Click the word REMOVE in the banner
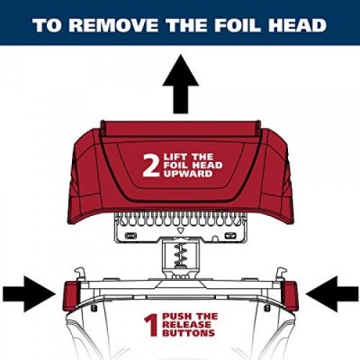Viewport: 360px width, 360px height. point(115,25)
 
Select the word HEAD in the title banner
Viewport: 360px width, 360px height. point(298,25)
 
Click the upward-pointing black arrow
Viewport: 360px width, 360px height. point(181,85)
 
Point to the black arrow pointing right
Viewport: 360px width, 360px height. point(29,294)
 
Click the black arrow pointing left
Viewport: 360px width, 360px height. point(331,294)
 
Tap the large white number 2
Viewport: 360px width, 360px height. point(151,165)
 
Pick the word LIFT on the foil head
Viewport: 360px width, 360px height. point(175,157)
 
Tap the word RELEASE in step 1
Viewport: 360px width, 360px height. point(186,325)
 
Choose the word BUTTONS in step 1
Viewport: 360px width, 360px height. point(189,333)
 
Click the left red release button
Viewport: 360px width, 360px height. point(70,296)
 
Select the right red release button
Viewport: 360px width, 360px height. point(291,296)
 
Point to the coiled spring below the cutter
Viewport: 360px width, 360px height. point(180,256)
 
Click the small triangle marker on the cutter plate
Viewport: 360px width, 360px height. point(180,230)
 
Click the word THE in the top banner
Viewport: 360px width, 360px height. point(186,25)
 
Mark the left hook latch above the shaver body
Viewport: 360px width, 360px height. point(78,273)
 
